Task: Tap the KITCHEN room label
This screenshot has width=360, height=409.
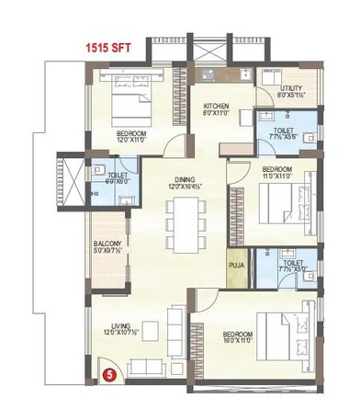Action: tap(216, 108)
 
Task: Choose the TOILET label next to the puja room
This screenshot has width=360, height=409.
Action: tap(293, 264)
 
